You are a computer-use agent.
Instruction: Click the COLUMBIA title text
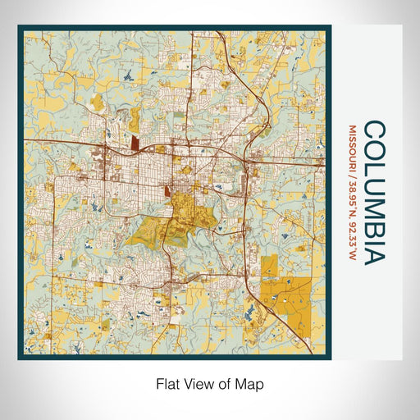point(373,192)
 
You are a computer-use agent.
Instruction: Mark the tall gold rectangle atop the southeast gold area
point(269,266)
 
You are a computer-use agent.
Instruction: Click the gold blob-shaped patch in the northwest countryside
point(97,102)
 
